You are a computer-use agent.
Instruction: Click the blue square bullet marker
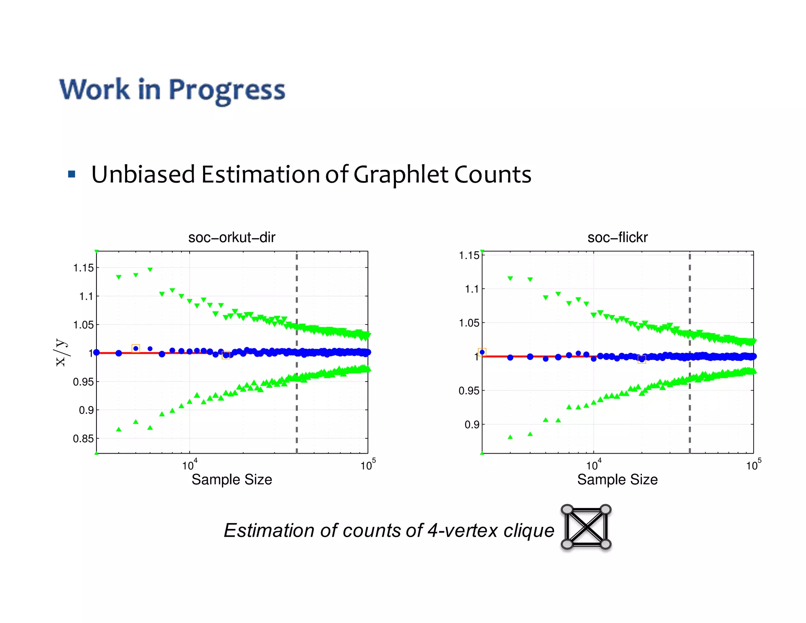point(72,174)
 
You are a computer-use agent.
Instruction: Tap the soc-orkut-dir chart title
point(231,237)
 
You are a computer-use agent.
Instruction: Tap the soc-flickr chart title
point(617,237)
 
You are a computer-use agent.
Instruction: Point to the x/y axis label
point(61,352)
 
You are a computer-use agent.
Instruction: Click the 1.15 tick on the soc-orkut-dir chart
point(83,268)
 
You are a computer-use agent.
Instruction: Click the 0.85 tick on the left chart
point(83,438)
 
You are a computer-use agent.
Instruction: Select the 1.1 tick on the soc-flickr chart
point(472,289)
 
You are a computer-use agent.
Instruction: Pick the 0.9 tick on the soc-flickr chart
point(472,425)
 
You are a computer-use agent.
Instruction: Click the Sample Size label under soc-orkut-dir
point(231,480)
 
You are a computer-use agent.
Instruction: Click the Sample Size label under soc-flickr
point(617,480)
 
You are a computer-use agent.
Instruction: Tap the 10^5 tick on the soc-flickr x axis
point(753,465)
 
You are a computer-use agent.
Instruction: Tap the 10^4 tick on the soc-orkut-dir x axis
point(189,465)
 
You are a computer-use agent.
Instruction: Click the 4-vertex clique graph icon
point(586,527)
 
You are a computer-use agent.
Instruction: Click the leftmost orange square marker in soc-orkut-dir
point(136,348)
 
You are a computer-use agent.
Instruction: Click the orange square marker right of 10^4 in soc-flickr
point(641,359)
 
